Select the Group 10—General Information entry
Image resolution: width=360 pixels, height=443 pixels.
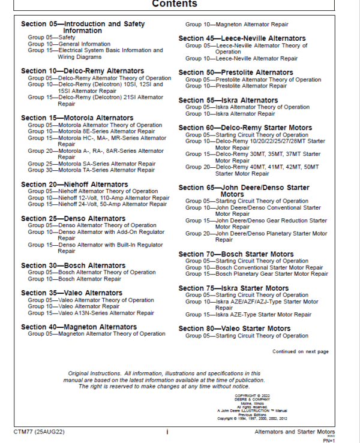[x=69, y=44]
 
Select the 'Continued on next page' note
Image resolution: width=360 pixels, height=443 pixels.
[x=301, y=351]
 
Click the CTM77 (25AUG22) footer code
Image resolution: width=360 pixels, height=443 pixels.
[x=40, y=432]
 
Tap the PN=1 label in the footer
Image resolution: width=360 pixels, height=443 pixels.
[x=343, y=439]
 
